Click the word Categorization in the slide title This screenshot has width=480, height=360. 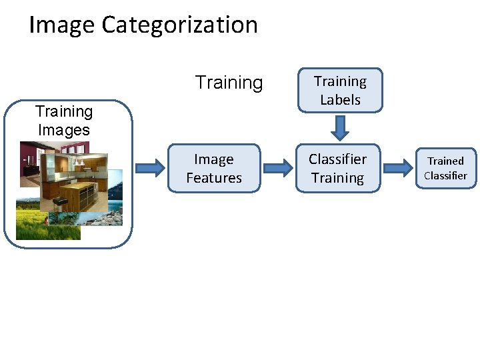pos(179,25)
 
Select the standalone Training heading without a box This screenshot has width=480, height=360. pos(229,83)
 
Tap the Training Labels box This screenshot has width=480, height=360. pos(340,90)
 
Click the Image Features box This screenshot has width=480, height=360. pos(214,169)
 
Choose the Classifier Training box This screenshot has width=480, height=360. pos(337,169)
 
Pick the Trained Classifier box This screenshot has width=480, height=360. pos(445,169)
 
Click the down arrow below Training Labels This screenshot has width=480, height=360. pos(340,127)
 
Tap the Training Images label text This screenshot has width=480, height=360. pos(64,121)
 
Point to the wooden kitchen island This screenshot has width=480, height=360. pos(83,193)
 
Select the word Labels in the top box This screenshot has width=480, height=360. pos(340,100)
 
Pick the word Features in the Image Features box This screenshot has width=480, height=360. pos(214,178)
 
